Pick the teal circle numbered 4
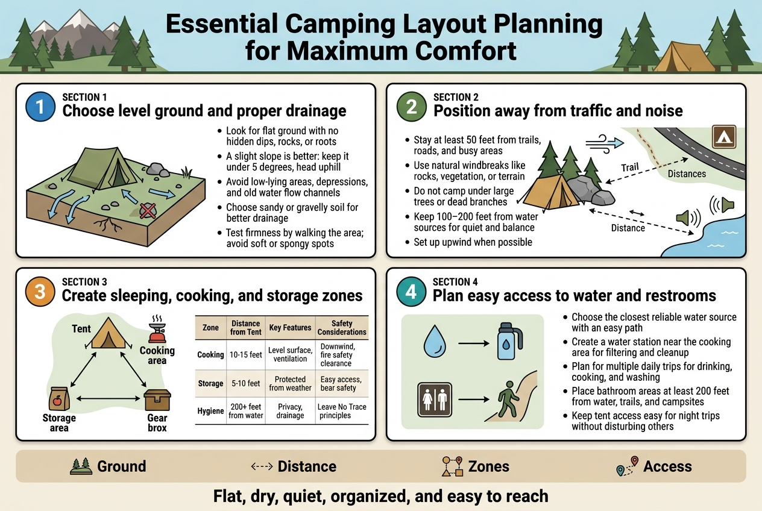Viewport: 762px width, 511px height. coord(411,292)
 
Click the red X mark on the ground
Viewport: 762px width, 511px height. coord(146,210)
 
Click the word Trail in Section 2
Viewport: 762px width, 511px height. coord(629,168)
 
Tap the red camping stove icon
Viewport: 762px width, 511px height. coord(157,333)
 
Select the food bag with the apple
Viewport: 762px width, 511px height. coord(59,398)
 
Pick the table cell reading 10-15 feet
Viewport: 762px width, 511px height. coord(246,355)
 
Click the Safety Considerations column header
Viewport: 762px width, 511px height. coord(342,328)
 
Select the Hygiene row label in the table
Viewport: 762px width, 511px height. coord(210,411)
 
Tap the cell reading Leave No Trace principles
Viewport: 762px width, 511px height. coord(342,411)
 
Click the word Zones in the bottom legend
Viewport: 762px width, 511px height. coord(489,466)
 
